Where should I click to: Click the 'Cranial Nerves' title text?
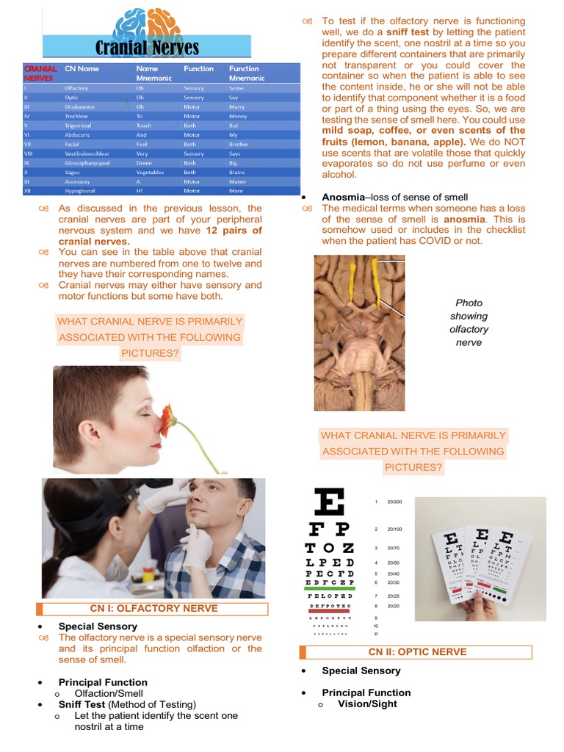tap(147, 48)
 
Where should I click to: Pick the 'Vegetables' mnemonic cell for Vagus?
tap(151, 172)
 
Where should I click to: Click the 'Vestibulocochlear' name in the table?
tap(87, 153)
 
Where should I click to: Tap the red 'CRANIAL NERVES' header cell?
tap(40, 73)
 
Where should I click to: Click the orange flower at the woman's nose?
tap(168, 418)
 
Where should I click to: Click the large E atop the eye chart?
tap(329, 504)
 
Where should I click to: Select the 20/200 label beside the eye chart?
tap(394, 502)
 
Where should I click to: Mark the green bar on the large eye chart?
tap(330, 585)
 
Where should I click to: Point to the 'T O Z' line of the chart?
tap(330, 548)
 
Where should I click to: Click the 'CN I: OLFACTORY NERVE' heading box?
tap(153, 608)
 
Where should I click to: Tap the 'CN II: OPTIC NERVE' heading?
tap(416, 652)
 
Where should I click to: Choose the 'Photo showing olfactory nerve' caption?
tap(469, 322)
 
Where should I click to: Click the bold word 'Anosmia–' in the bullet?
tap(344, 197)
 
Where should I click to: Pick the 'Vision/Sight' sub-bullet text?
tap(367, 704)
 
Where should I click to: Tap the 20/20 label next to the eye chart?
tap(394, 606)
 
